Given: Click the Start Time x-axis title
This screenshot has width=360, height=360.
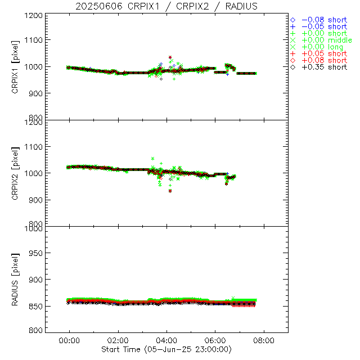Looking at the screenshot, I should point(166,349).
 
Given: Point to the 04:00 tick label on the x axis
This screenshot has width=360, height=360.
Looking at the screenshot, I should point(167,340).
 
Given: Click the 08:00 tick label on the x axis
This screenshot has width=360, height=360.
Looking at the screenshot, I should point(264,340).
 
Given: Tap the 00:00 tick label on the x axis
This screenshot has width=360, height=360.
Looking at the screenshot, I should point(70,340).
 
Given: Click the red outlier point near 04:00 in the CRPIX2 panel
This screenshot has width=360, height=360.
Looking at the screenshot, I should point(170,191).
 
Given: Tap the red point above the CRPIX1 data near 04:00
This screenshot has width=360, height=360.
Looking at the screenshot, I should point(170,57).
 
